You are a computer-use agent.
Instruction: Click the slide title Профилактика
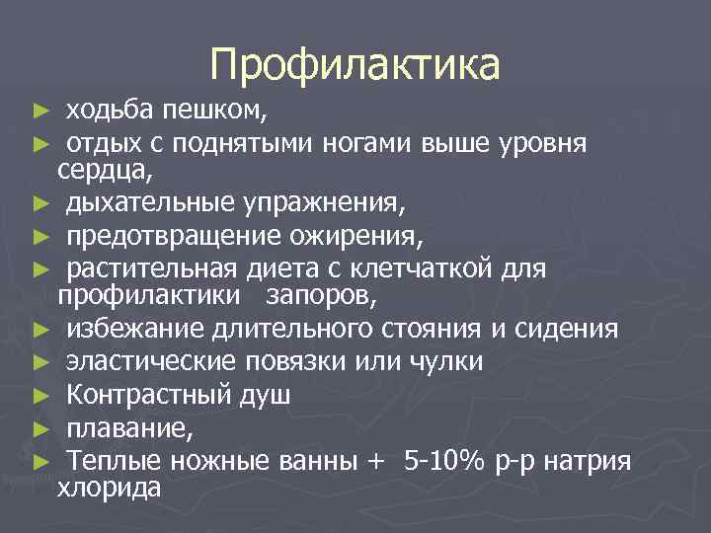point(355,65)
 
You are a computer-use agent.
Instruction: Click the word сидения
point(572,328)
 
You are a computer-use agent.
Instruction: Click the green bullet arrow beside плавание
point(39,428)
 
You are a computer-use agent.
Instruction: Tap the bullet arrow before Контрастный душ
point(39,396)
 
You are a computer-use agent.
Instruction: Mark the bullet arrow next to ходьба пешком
point(39,110)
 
